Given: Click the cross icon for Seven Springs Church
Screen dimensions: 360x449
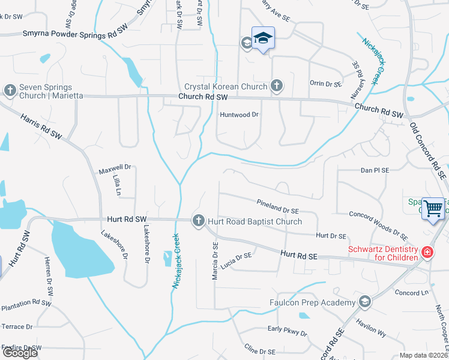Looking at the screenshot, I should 10,90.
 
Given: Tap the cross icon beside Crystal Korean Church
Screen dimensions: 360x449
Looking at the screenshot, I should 276,86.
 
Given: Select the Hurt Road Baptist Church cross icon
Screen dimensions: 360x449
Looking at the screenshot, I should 198,221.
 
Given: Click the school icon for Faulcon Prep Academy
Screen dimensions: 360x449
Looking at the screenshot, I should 364,302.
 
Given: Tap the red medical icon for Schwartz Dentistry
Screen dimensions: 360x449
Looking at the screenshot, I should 427,253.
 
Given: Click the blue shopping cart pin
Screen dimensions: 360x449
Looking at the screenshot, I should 433,209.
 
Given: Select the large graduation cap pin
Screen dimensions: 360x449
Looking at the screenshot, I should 263,38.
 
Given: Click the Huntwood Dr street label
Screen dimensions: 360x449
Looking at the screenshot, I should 239,114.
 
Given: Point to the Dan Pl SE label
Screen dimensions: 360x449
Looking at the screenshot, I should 375,170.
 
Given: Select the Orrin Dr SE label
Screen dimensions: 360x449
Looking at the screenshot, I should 325,84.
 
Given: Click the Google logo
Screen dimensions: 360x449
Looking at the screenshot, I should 19,353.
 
